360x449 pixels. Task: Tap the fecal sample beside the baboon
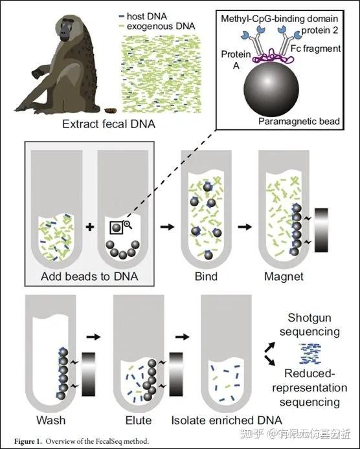pyautogui.click(x=109, y=111)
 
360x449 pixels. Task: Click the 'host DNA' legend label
pyautogui.click(x=147, y=16)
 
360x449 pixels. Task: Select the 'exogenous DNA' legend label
pyautogui.click(x=161, y=27)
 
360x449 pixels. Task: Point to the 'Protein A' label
pyautogui.click(x=236, y=60)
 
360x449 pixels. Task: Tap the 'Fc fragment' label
pyautogui.click(x=315, y=48)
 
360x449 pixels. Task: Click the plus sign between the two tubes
pyautogui.click(x=90, y=227)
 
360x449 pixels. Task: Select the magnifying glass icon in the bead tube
pyautogui.click(x=128, y=224)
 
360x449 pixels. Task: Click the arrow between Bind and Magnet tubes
pyautogui.click(x=245, y=227)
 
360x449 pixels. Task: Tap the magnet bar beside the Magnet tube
pyautogui.click(x=321, y=230)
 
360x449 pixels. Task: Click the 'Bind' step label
pyautogui.click(x=206, y=277)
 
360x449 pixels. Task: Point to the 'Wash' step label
pyautogui.click(x=51, y=420)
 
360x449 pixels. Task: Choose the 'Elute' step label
pyautogui.click(x=139, y=420)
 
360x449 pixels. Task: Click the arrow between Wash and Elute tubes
pyautogui.click(x=93, y=336)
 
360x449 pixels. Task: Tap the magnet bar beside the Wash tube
pyautogui.click(x=88, y=374)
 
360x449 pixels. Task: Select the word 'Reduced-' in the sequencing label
pyautogui.click(x=310, y=373)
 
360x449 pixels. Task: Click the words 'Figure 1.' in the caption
pyautogui.click(x=28, y=441)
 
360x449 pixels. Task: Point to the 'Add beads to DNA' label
pyautogui.click(x=89, y=277)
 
